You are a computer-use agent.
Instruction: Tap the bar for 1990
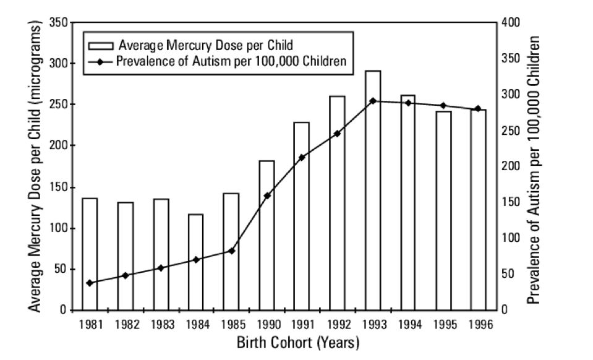267,235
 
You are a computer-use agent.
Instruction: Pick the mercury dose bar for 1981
90,254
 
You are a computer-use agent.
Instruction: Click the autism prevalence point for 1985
231,251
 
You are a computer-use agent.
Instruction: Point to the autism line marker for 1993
372,101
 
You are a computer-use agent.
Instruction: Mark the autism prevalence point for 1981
90,283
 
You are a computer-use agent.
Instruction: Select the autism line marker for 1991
302,158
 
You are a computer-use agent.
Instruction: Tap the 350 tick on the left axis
57,22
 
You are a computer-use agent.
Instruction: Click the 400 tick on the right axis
513,22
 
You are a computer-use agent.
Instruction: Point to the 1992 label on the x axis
337,324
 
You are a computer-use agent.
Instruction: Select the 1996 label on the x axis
478,324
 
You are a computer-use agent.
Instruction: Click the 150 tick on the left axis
57,187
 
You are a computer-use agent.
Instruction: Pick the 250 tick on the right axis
513,131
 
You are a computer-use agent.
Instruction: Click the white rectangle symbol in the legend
100,45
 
